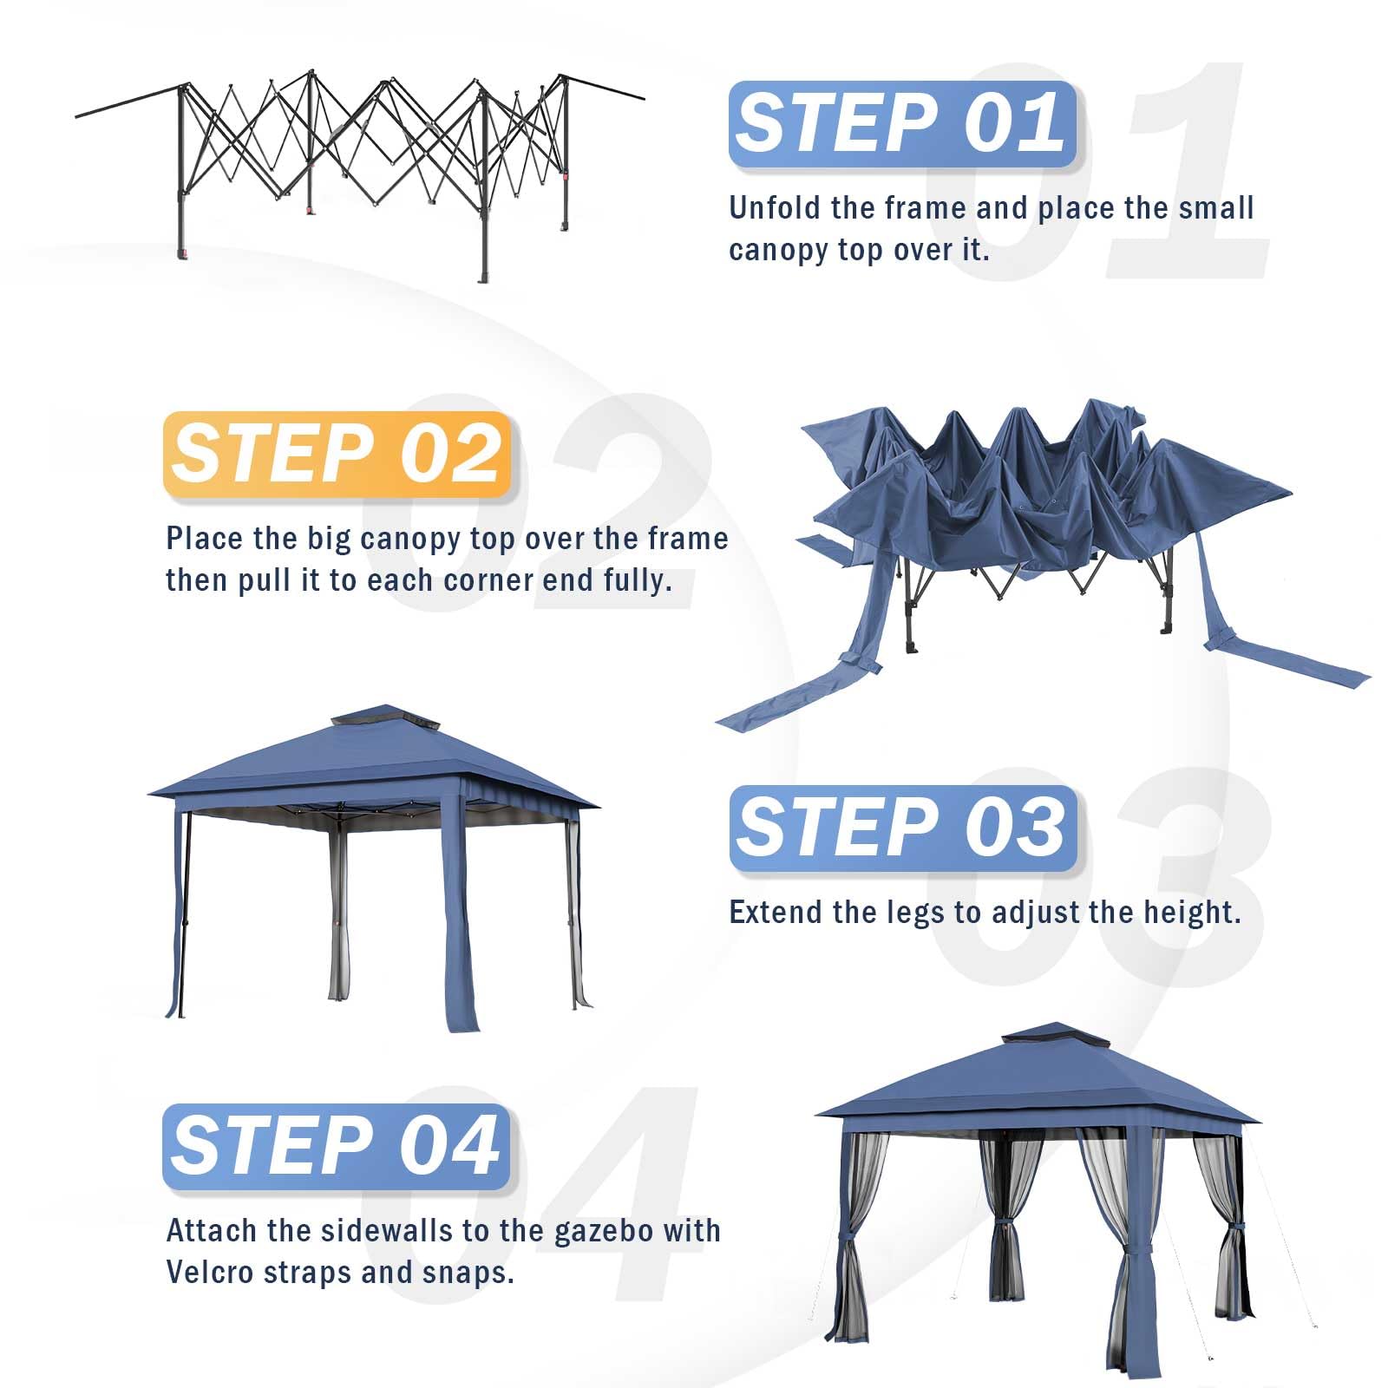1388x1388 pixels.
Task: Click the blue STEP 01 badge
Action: [902, 124]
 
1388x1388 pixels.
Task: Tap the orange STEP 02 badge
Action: [337, 455]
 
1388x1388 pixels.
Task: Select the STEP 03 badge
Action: [902, 828]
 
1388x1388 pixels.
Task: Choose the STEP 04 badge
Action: [337, 1147]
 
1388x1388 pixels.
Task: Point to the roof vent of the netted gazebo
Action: [1055, 1034]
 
